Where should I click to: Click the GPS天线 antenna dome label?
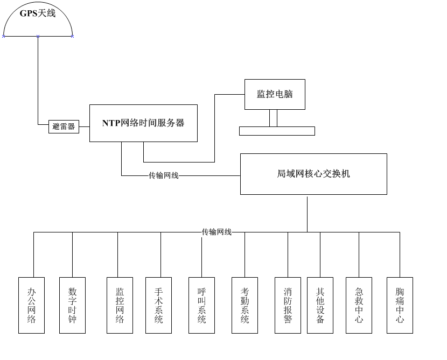[x=38, y=13]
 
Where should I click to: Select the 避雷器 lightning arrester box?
[x=64, y=127]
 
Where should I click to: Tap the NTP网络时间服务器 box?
[x=143, y=123]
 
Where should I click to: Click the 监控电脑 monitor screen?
[x=275, y=94]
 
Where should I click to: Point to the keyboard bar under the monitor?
[x=277, y=131]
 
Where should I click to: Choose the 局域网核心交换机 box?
[x=313, y=174]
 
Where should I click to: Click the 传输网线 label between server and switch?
[x=163, y=175]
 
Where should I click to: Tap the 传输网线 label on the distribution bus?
[x=216, y=232]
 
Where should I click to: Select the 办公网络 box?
[x=31, y=305]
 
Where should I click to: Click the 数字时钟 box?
[x=72, y=305]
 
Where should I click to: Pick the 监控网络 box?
[x=120, y=305]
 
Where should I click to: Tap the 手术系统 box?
[x=158, y=305]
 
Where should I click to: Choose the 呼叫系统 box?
[x=201, y=305]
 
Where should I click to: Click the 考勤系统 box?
[x=245, y=305]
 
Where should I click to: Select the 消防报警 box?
[x=288, y=305]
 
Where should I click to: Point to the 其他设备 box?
[x=320, y=305]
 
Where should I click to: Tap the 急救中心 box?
[x=359, y=305]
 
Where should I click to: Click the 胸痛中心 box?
[x=400, y=305]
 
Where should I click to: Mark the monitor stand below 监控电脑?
[x=274, y=118]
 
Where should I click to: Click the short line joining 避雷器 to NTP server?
[x=84, y=127]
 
